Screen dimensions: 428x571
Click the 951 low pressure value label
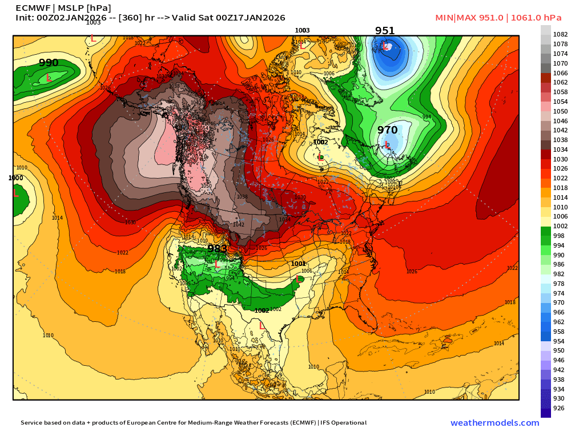385,31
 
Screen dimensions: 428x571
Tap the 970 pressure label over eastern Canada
387,130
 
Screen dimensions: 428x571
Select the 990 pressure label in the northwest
49,63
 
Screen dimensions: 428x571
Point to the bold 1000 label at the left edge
16,178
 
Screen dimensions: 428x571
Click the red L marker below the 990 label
49,78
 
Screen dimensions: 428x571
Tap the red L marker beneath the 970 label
388,145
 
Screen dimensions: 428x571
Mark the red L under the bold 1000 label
16,194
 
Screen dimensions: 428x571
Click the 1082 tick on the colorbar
560,35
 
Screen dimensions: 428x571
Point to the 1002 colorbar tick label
560,226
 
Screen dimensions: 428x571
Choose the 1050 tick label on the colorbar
560,111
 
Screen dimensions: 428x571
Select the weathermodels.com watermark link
494,423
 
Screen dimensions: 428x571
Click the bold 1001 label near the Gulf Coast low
298,264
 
